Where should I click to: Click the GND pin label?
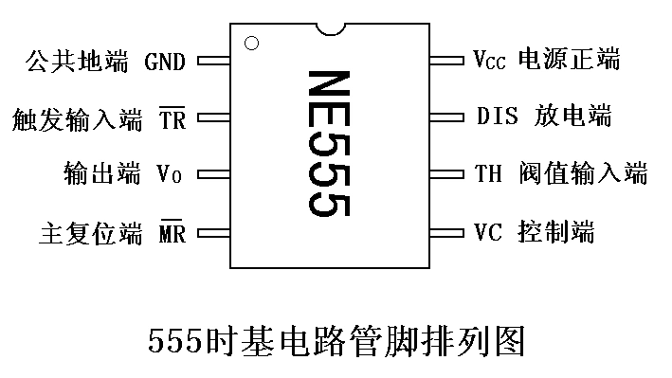coord(165,63)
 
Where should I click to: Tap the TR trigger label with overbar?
coord(172,120)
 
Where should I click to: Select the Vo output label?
coord(169,175)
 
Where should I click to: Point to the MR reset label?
coord(172,232)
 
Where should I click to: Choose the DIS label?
coord(496,117)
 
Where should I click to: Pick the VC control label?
coord(486,230)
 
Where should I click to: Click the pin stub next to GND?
coord(213,63)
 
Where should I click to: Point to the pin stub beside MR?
coord(213,232)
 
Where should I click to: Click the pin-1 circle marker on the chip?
coord(251,43)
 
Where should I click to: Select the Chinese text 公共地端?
coord(79,63)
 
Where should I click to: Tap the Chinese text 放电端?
coord(573,117)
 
